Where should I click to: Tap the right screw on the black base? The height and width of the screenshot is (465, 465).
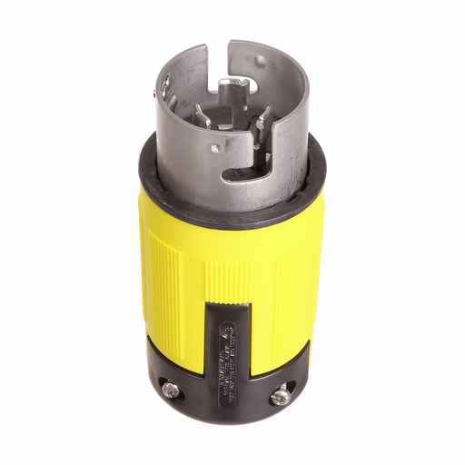282,396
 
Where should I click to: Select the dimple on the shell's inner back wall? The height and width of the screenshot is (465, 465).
262,62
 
